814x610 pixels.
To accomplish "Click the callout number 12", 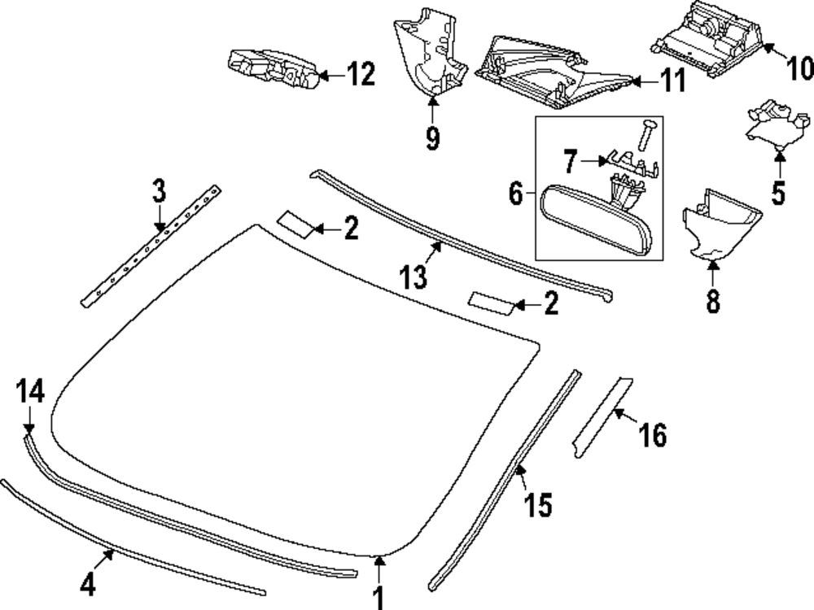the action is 361,74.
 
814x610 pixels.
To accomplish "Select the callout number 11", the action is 673,81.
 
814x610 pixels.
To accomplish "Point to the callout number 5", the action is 778,193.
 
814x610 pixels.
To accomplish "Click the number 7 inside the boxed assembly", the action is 570,161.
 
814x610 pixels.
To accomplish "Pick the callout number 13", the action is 414,276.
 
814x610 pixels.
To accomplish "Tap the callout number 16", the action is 653,434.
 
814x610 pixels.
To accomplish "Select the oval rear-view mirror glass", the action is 596,221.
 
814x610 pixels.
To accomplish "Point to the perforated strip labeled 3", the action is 151,246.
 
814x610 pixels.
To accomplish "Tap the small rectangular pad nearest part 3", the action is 296,224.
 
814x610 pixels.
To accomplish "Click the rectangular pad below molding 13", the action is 491,303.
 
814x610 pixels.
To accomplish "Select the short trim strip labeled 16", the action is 602,418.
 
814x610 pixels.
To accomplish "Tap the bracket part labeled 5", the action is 777,124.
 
